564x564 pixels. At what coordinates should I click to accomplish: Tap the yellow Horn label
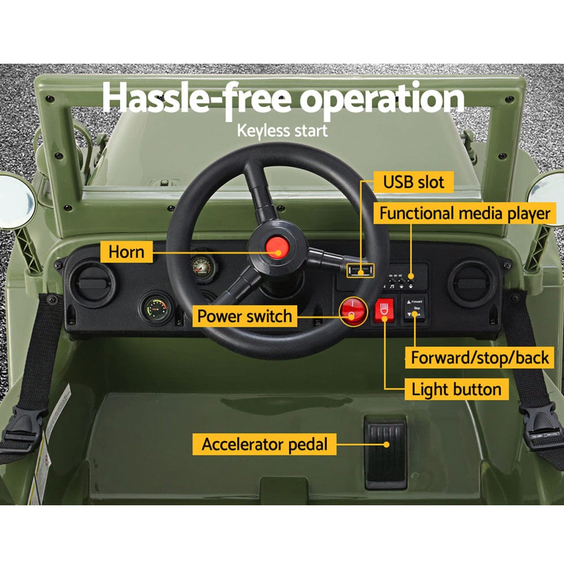click(x=126, y=252)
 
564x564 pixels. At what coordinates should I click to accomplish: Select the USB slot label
click(x=413, y=182)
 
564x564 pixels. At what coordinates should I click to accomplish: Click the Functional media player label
click(x=464, y=214)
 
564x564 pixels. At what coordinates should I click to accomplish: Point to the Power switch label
click(x=245, y=316)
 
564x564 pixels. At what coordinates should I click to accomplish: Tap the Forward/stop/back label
click(x=479, y=358)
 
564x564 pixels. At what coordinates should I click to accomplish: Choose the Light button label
click(x=456, y=389)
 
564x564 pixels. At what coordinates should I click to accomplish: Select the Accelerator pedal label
click(x=265, y=444)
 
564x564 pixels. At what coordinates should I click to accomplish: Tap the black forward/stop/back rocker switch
click(x=415, y=310)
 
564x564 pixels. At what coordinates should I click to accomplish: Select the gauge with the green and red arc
click(x=156, y=308)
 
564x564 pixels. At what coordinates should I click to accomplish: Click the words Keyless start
click(x=282, y=130)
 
